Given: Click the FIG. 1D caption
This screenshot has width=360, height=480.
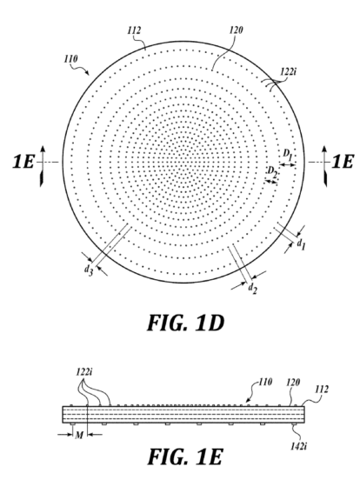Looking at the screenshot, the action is [x=186, y=323].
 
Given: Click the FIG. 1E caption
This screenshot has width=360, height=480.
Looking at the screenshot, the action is [x=185, y=457].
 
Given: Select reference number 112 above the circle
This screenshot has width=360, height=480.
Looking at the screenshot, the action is [x=134, y=30].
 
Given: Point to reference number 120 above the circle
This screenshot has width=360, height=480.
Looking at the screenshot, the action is [x=236, y=30].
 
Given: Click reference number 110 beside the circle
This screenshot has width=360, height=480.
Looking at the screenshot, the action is [x=70, y=59].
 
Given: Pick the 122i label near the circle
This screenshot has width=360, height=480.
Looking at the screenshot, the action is [x=288, y=72].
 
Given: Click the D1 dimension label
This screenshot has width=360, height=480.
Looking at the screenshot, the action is [x=287, y=154].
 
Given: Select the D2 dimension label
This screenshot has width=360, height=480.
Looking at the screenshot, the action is [x=272, y=172].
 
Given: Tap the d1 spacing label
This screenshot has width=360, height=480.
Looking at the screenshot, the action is [x=301, y=244].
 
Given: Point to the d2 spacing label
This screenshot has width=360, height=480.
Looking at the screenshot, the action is [x=252, y=288].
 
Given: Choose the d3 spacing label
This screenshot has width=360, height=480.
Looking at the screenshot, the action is [x=88, y=270].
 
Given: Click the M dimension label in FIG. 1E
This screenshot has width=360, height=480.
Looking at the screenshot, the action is [x=79, y=435].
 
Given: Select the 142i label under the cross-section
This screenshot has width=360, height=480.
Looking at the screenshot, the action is [x=299, y=446].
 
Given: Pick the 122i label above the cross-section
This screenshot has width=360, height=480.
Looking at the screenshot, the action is [x=84, y=372].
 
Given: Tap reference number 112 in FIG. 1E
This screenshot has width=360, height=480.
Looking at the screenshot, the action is [x=322, y=389].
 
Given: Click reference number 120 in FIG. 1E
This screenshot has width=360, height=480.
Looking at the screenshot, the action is [x=293, y=382].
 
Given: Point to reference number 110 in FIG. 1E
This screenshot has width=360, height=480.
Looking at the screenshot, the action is [x=265, y=382].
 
